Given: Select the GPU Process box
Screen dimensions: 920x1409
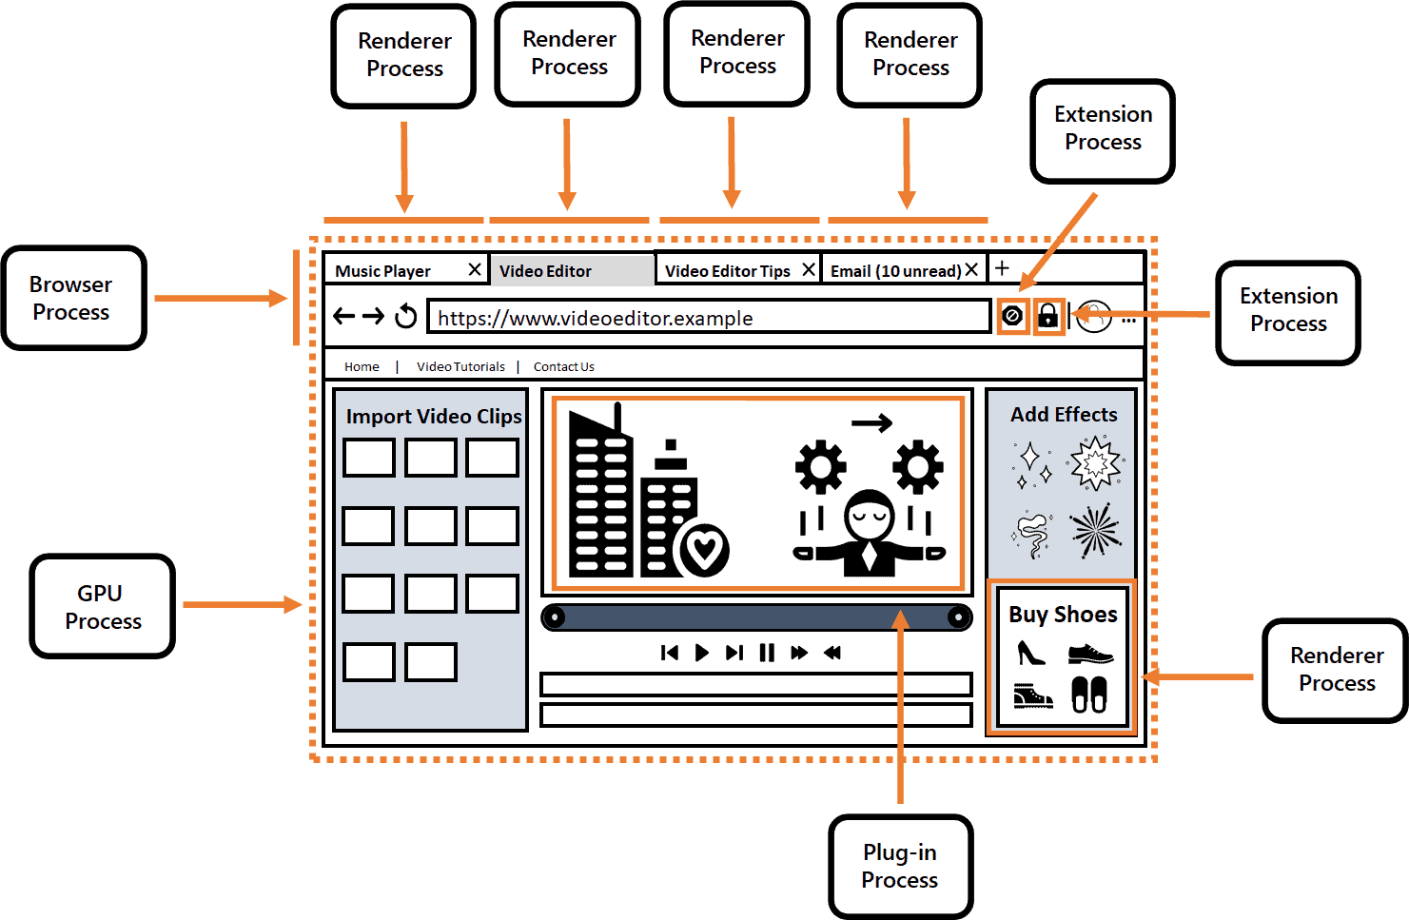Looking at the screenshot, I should (102, 606).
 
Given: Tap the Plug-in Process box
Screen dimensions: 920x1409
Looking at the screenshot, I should (900, 866).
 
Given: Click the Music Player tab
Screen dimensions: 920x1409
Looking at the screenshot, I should (382, 271).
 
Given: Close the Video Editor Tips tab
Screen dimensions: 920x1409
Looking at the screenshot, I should (809, 270).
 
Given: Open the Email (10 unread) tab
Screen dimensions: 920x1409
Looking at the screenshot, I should (894, 271).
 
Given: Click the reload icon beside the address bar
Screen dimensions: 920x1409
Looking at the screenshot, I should (406, 316).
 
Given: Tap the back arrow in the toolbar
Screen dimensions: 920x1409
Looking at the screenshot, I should (343, 316).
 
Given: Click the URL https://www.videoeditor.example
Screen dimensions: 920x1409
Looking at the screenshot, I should (595, 318).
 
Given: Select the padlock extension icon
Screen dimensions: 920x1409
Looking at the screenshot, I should (1047, 315).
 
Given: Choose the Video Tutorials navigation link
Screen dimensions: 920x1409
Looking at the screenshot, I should (460, 366).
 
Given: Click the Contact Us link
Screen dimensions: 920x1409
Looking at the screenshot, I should (563, 366).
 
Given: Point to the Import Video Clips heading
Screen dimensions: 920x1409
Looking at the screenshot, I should (433, 416).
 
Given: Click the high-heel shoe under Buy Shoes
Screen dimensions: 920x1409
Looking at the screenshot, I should (1030, 653).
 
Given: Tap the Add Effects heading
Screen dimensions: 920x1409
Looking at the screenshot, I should (1063, 414).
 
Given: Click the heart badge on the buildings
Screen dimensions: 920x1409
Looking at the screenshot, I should (704, 549).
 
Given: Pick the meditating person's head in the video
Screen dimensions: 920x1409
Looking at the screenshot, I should (870, 514).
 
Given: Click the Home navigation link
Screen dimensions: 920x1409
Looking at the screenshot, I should (362, 366).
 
